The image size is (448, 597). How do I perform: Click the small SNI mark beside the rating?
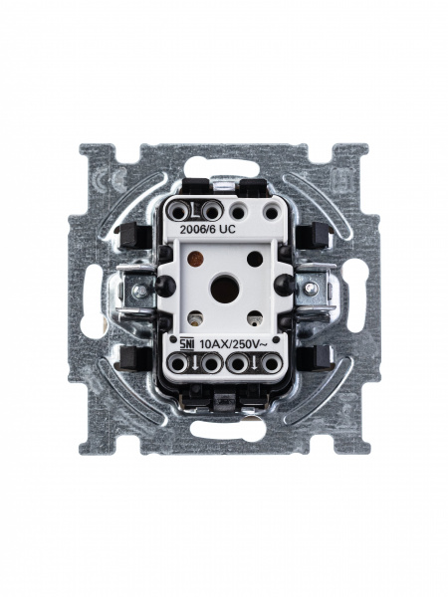click(x=186, y=344)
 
